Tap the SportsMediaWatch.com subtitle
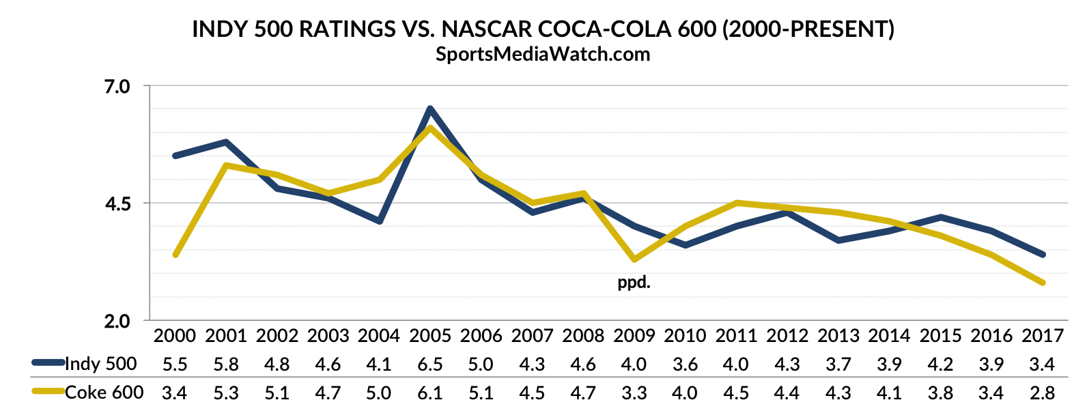coord(543,54)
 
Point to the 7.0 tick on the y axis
coord(117,87)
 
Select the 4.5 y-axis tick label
coord(117,203)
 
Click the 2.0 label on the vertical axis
coord(117,321)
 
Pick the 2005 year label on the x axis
coord(430,336)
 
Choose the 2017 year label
coord(1043,336)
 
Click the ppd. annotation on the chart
coord(634,282)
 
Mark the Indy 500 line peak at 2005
coord(430,109)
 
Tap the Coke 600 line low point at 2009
coord(635,259)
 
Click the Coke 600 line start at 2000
coord(175,255)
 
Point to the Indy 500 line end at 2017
coord(1043,255)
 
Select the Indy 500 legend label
coord(101,364)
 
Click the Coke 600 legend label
coord(104,393)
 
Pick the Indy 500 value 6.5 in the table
coord(430,364)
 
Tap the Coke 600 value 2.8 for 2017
coord(1043,393)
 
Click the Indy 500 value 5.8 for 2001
coord(226,364)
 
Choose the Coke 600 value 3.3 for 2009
coord(634,393)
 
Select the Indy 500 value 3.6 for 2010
coord(685,364)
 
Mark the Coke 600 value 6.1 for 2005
coord(430,393)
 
